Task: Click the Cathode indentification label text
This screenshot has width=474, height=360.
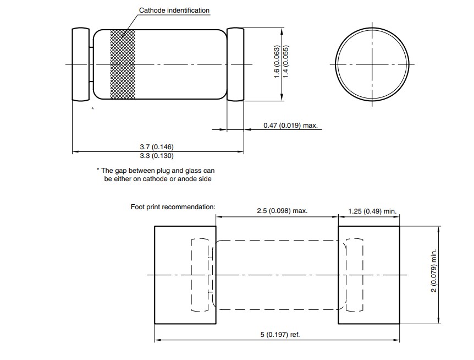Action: pos(174,10)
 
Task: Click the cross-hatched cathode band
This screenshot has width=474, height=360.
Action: pos(123,64)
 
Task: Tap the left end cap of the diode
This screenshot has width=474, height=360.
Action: pos(81,64)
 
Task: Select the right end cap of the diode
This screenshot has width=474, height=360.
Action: pos(235,64)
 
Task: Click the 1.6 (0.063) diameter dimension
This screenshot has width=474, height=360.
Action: pos(277,62)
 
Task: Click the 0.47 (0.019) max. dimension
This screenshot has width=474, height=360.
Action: pos(290,126)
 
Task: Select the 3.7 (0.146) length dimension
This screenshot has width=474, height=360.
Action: pos(157,147)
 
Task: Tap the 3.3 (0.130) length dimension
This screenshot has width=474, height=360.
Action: pos(157,156)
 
